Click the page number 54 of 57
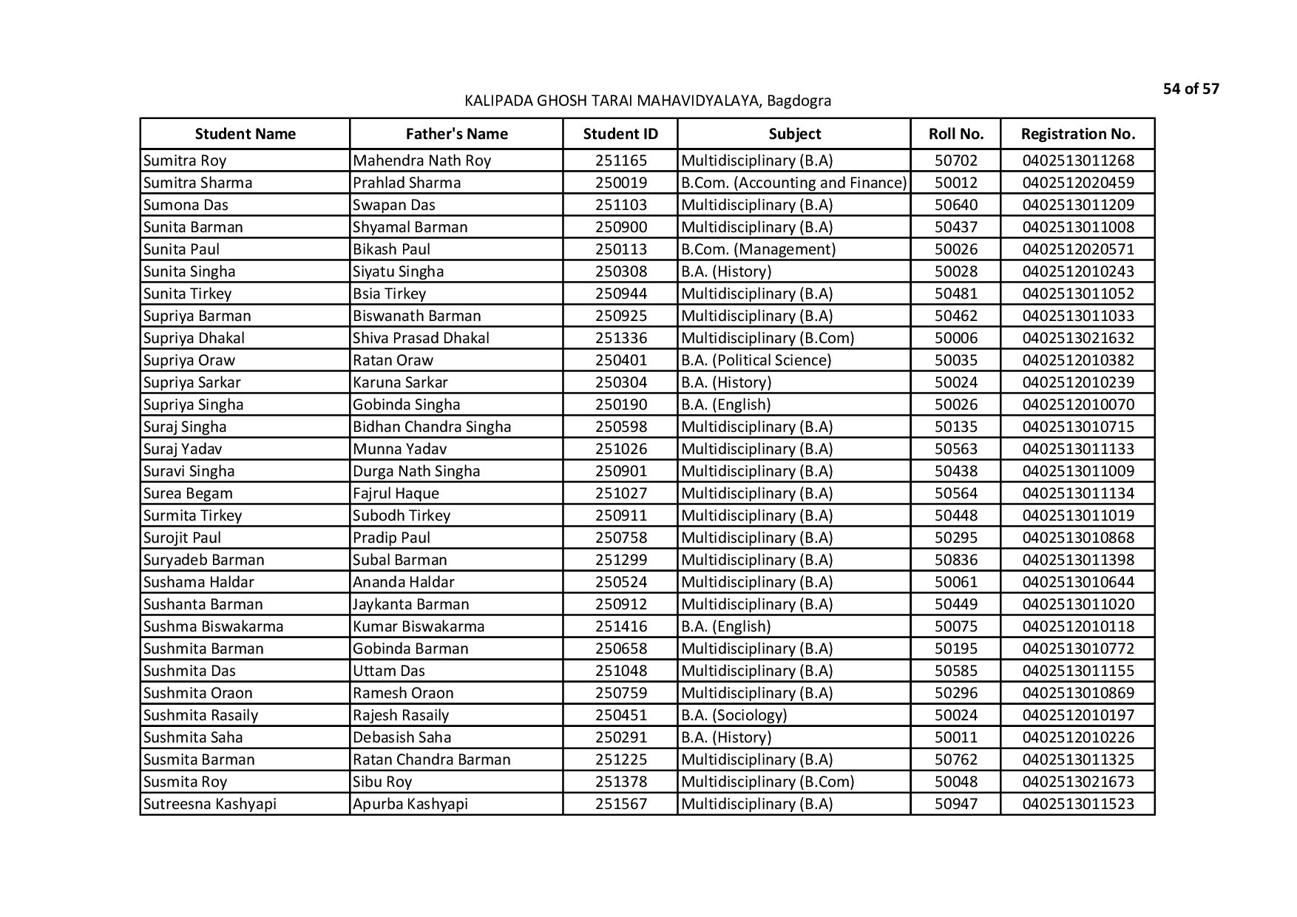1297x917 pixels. [1191, 89]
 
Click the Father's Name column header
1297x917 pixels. [456, 134]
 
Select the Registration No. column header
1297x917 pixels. [1077, 134]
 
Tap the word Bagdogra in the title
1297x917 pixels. [799, 101]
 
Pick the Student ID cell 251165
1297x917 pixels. [620, 160]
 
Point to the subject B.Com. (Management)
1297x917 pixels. [758, 249]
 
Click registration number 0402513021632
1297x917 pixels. [1077, 338]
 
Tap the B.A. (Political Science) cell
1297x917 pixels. [756, 360]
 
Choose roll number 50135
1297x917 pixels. [955, 427]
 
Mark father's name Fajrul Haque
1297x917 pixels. [396, 493]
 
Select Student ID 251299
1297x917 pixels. [620, 560]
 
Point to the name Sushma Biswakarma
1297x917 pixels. [213, 626]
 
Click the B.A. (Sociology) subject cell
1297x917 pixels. [734, 715]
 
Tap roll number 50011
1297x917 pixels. [955, 737]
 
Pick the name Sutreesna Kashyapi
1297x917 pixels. [209, 804]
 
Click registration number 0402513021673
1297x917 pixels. [1077, 782]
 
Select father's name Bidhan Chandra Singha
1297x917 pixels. [432, 427]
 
